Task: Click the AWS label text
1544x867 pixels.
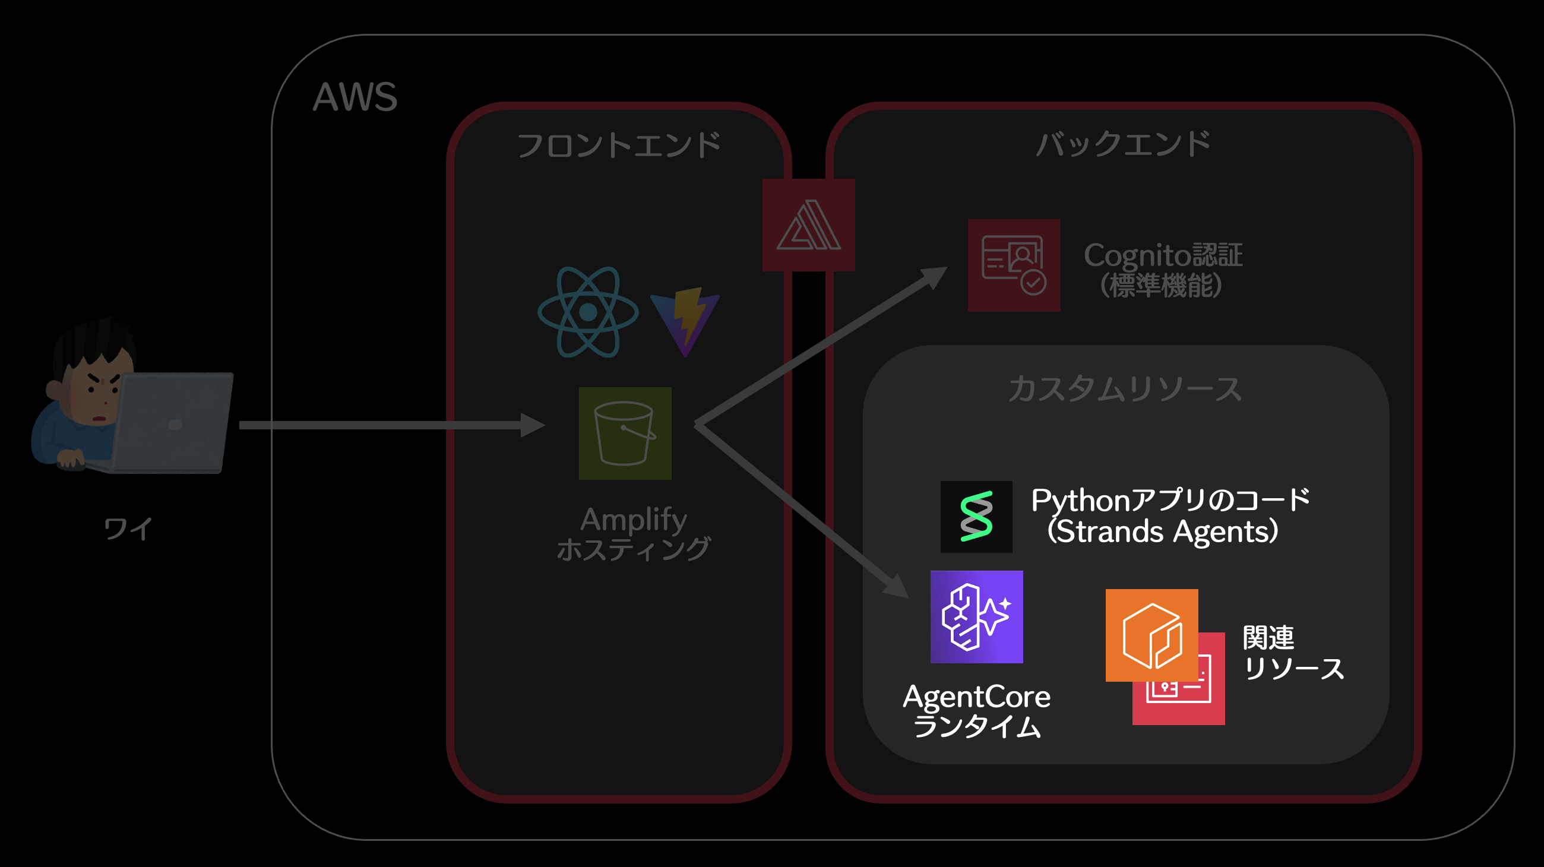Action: pyautogui.click(x=355, y=97)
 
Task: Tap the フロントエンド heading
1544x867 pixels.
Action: pyautogui.click(x=619, y=145)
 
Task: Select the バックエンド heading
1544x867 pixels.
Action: pyautogui.click(x=1123, y=144)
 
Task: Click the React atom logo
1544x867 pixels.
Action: pyautogui.click(x=588, y=312)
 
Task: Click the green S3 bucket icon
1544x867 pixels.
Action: pyautogui.click(x=625, y=433)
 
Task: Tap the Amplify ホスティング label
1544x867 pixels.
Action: pyautogui.click(x=633, y=533)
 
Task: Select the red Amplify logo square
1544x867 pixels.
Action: pyautogui.click(x=808, y=225)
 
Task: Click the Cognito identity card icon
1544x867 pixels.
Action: pyautogui.click(x=1014, y=265)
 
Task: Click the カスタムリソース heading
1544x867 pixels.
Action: pyautogui.click(x=1124, y=389)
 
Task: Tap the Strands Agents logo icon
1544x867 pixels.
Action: pyautogui.click(x=976, y=517)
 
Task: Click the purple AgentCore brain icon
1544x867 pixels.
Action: pyautogui.click(x=976, y=616)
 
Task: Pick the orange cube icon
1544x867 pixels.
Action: pyautogui.click(x=1151, y=635)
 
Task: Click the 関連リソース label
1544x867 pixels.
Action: pyautogui.click(x=1292, y=653)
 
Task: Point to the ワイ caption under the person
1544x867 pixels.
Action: pyautogui.click(x=128, y=529)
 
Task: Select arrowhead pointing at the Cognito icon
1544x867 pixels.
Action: pyautogui.click(x=934, y=276)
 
